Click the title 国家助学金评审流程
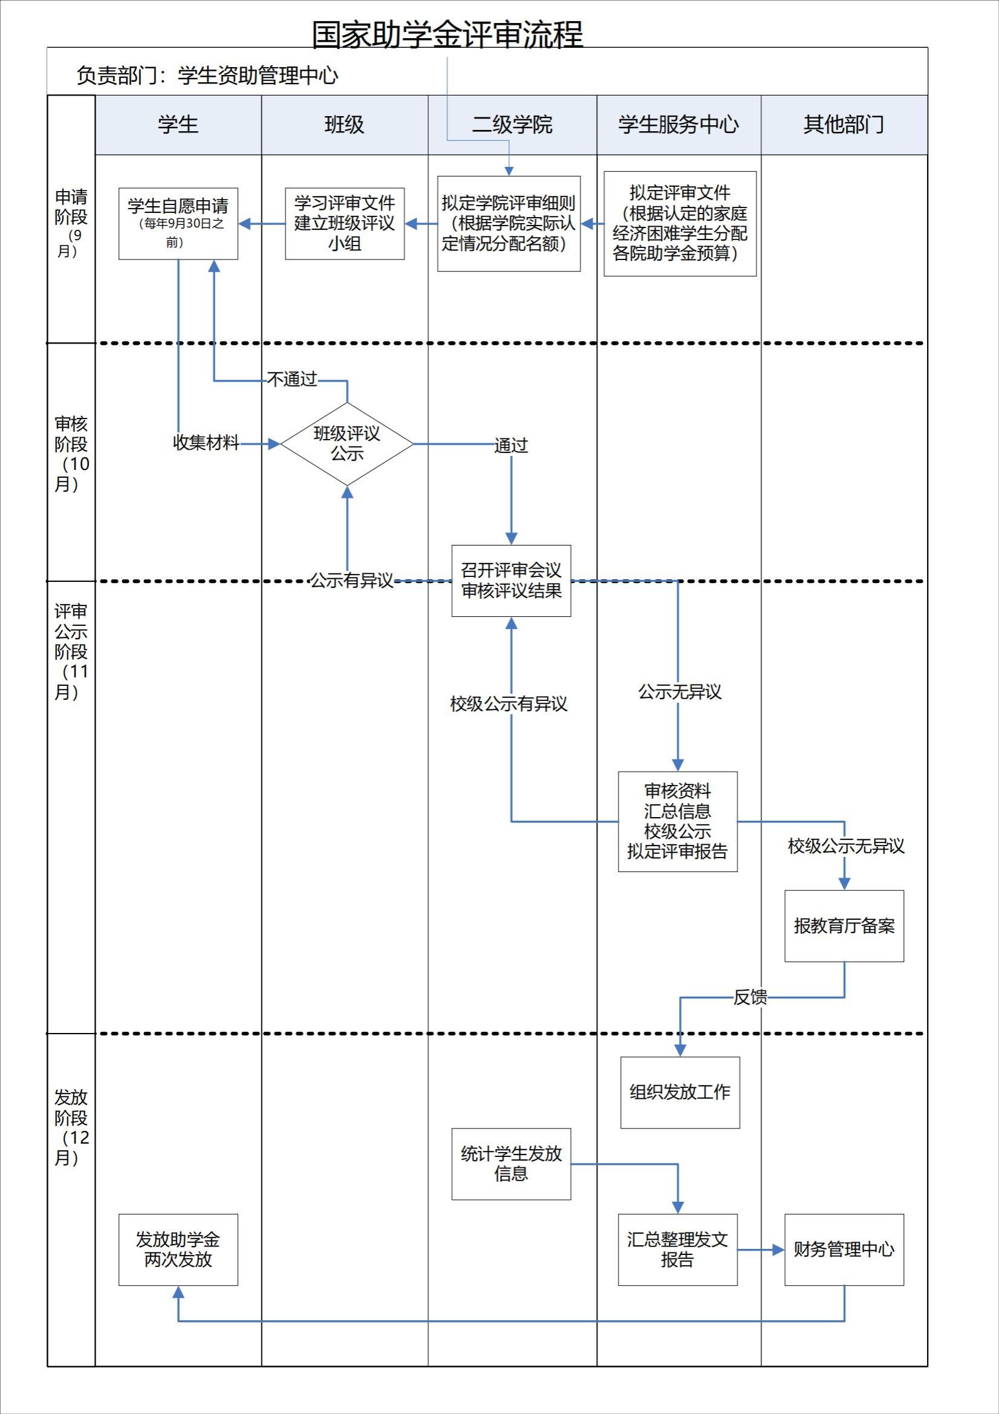(447, 34)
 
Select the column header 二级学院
(512, 125)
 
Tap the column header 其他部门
(844, 125)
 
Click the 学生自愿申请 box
(178, 223)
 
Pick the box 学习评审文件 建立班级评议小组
(344, 223)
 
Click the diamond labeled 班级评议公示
(347, 443)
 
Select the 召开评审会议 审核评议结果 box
(511, 580)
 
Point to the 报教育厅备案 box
(844, 925)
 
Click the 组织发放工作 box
(679, 1092)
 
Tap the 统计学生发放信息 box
(511, 1164)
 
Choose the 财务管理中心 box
(844, 1249)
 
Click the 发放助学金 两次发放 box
(178, 1249)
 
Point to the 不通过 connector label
(293, 379)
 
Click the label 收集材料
(206, 443)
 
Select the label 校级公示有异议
(509, 704)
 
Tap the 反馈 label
(750, 997)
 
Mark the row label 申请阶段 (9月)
(71, 223)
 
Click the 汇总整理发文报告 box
(677, 1249)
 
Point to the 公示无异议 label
(679, 692)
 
